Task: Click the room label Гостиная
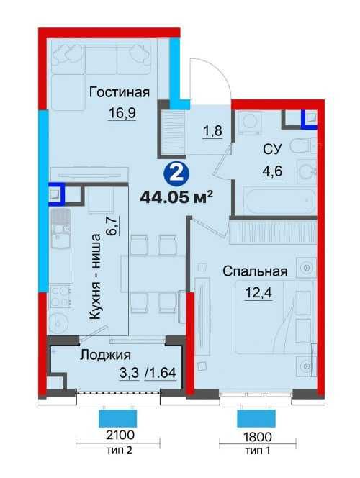pyautogui.click(x=120, y=91)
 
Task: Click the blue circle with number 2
pyautogui.click(x=172, y=173)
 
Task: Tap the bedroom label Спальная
pyautogui.click(x=255, y=271)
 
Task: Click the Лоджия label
pyautogui.click(x=104, y=355)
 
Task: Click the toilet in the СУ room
pyautogui.click(x=301, y=148)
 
